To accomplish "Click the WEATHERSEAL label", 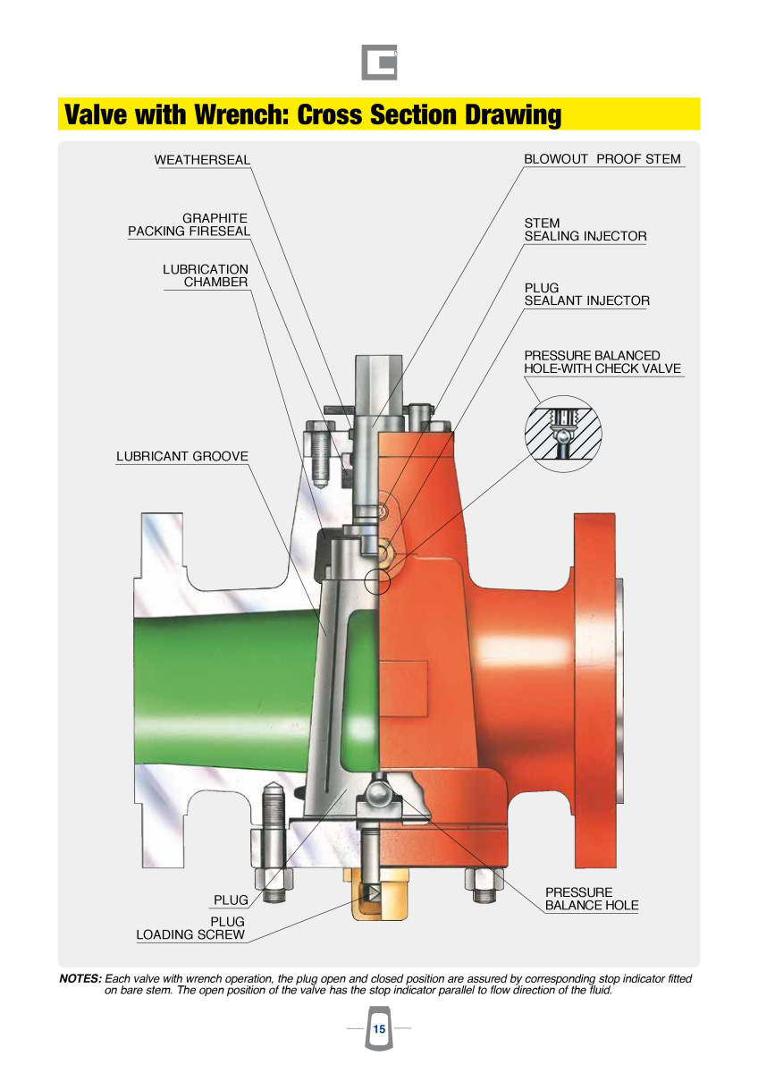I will [x=202, y=160].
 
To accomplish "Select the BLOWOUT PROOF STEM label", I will [x=602, y=159].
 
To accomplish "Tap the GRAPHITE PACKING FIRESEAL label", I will [x=189, y=224].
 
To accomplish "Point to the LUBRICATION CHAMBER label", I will [x=206, y=275].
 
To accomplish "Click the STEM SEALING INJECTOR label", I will [x=585, y=230].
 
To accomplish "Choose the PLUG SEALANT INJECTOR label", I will [x=586, y=294].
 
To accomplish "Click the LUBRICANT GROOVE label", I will [x=182, y=456].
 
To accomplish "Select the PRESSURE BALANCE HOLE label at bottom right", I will [x=592, y=899].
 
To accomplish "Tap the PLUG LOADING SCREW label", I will [x=190, y=928].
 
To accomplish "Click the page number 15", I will [x=379, y=1029].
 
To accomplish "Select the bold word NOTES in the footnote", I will [x=80, y=978].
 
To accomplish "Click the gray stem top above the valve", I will [x=374, y=384].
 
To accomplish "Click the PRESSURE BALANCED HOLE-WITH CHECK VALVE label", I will [x=602, y=362].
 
